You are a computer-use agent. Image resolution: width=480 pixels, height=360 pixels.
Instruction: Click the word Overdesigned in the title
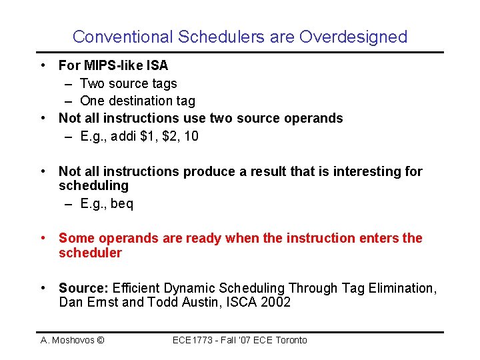tap(353, 37)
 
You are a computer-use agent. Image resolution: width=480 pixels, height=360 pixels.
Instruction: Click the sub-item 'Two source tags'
tap(128, 83)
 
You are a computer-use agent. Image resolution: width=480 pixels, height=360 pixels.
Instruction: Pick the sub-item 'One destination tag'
tap(137, 101)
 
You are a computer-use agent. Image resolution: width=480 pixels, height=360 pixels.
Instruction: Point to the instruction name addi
tap(123, 136)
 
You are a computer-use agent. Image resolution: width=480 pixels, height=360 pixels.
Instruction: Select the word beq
tap(122, 203)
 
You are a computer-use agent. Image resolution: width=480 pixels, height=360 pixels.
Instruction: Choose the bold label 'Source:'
tap(83, 288)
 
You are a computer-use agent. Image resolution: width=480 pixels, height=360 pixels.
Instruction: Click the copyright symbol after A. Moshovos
tap(101, 340)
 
